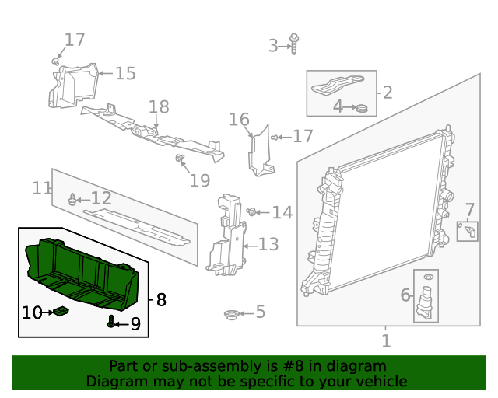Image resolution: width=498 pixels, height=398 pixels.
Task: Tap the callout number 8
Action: pos(161,299)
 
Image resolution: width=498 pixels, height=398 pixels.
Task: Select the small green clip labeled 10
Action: pos(61,312)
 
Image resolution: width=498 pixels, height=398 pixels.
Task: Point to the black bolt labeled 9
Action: pos(112,322)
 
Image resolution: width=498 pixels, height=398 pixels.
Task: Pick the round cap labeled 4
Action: pos(360,107)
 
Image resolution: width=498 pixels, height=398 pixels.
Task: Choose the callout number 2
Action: pos(387,93)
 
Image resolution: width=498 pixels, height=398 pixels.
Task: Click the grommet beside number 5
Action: pos(230,314)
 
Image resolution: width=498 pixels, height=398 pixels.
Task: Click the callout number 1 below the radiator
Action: pos(386,340)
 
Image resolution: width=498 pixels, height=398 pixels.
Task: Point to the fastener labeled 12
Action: pos(73,200)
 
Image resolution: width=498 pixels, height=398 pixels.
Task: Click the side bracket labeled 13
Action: pos(228,237)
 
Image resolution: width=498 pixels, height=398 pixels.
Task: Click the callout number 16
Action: pos(239,119)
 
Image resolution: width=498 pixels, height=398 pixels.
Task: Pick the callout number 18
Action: pos(158,106)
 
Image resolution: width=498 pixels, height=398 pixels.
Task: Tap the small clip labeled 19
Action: pos(181,161)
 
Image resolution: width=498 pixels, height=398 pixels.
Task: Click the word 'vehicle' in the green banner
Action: pos(381,382)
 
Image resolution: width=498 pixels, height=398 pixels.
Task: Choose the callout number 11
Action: pos(41,188)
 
